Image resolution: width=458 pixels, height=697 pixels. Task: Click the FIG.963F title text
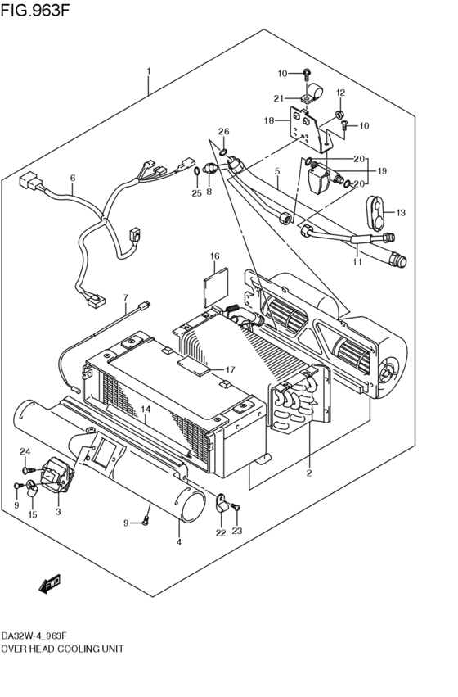35,10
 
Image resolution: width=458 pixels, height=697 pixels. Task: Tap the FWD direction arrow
50,584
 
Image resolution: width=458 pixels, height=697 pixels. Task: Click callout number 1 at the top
149,71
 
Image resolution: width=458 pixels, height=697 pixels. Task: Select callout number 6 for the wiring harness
73,179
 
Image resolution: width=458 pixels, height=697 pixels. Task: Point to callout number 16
215,256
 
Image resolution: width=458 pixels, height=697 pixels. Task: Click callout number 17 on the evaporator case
230,369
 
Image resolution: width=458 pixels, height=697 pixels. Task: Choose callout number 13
400,213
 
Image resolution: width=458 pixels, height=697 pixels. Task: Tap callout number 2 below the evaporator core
309,473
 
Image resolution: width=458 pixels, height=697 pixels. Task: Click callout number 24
25,451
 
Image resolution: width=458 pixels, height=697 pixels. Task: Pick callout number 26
223,131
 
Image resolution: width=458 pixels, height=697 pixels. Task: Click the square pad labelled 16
216,287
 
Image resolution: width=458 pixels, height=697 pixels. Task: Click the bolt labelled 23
236,507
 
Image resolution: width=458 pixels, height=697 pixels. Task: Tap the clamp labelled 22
222,503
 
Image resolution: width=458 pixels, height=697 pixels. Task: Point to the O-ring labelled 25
196,172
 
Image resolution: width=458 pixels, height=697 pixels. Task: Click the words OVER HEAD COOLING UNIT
62,649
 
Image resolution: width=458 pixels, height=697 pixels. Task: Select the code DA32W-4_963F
34,635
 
